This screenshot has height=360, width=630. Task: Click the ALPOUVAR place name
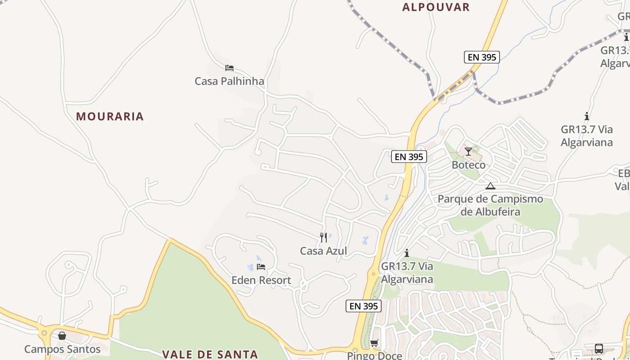point(436,7)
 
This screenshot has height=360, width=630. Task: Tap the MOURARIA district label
point(110,116)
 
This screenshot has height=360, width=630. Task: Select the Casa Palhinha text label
point(229,81)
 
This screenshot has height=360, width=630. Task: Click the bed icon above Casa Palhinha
point(229,68)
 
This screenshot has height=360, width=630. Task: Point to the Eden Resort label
point(261,280)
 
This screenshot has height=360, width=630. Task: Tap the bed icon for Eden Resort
point(261,267)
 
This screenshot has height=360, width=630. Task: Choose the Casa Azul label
point(324,251)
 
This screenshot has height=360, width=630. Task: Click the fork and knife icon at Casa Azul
point(324,237)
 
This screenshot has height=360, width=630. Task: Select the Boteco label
point(468,165)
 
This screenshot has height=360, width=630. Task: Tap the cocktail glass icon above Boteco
point(468,151)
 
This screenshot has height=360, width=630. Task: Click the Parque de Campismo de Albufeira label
point(490,205)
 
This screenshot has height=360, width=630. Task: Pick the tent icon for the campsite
point(490,186)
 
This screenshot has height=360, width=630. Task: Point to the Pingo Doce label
point(374,355)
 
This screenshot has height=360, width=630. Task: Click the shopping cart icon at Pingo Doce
point(374,343)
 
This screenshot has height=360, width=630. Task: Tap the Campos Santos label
point(62,349)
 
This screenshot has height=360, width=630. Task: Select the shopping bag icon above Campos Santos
point(62,336)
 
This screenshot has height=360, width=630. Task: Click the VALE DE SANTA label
point(210,354)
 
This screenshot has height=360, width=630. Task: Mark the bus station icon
point(599,349)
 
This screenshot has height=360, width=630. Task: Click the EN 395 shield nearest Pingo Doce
point(364,306)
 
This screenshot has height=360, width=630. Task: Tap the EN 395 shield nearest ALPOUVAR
point(482,57)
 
